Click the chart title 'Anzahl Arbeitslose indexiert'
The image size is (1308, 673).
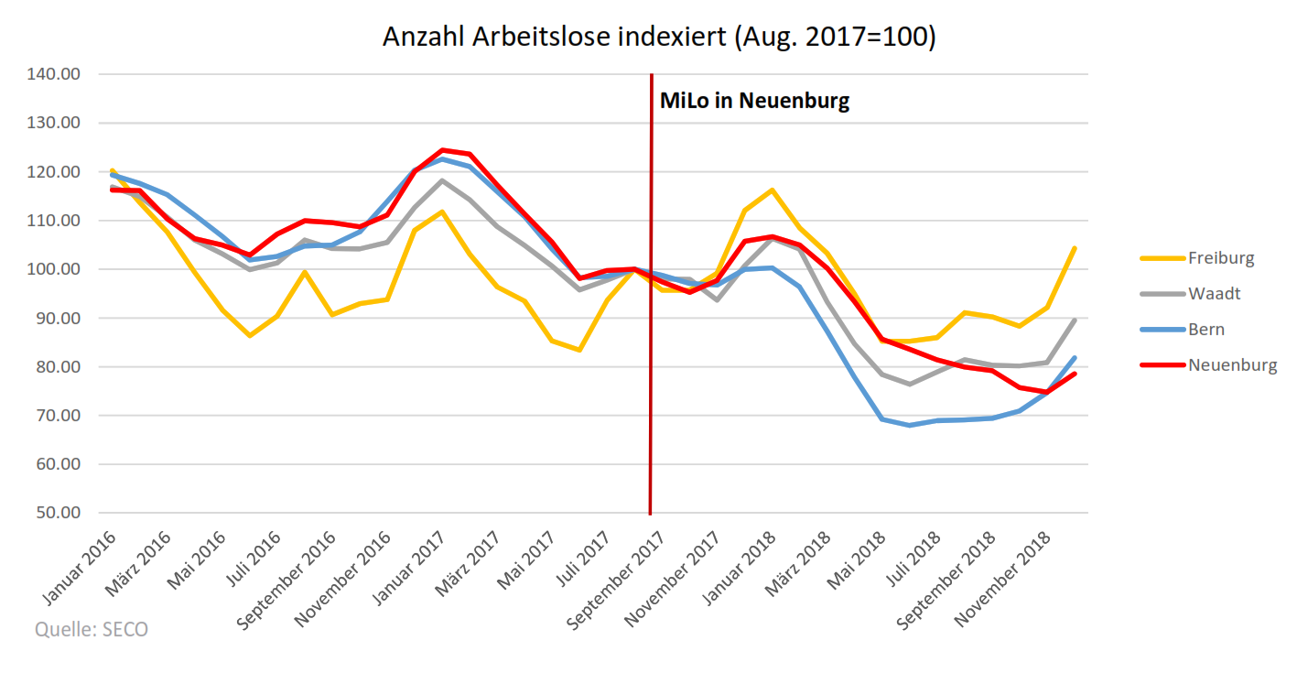tap(659, 38)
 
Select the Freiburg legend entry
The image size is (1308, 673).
tap(1221, 257)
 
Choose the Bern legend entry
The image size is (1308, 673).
tap(1206, 330)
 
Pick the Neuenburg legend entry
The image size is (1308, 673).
tap(1232, 365)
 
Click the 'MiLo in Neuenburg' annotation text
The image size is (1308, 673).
tap(754, 101)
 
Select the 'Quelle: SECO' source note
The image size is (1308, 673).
tap(91, 630)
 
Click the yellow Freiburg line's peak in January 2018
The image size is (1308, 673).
tap(773, 190)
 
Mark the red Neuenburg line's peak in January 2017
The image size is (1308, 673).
tap(442, 150)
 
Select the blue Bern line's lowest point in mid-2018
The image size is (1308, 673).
tap(910, 425)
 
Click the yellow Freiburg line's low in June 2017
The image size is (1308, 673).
tap(579, 350)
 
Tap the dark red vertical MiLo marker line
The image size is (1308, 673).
tap(651, 366)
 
